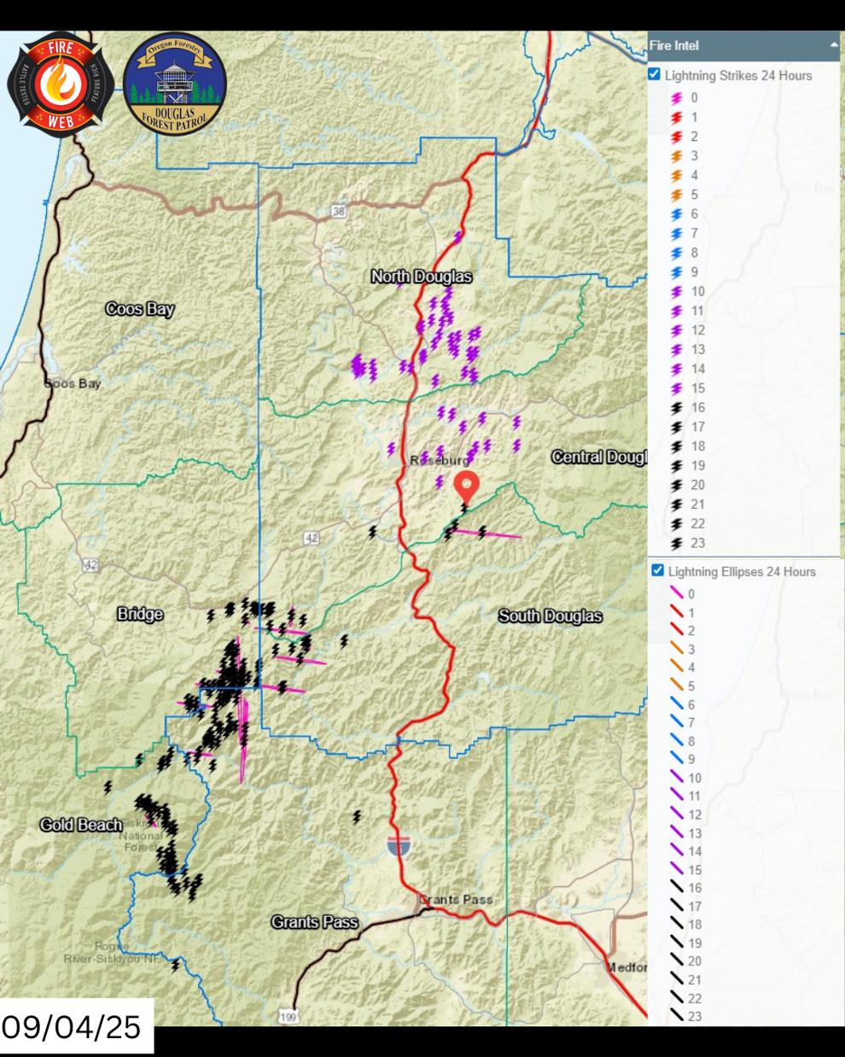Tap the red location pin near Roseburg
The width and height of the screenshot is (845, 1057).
(x=465, y=486)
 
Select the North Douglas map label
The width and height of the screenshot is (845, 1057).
(x=421, y=277)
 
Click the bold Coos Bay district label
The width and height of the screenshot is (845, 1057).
(x=140, y=309)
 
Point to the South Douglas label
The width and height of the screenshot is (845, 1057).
(x=550, y=616)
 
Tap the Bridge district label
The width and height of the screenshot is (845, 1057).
(x=140, y=615)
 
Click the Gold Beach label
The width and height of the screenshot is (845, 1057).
(x=81, y=825)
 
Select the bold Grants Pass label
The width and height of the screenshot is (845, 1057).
(x=314, y=922)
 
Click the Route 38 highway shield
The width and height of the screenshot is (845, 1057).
(x=339, y=211)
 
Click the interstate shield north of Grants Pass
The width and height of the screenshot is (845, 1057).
(x=398, y=846)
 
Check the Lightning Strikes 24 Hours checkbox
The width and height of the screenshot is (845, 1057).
(x=655, y=75)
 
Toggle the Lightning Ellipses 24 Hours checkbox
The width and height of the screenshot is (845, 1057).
(x=657, y=571)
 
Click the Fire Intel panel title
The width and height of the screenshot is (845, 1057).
(x=674, y=46)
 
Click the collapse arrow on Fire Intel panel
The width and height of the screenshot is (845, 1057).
(x=833, y=45)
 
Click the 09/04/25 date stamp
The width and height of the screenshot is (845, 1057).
(x=72, y=1027)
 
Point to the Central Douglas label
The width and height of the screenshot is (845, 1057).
(x=598, y=458)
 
